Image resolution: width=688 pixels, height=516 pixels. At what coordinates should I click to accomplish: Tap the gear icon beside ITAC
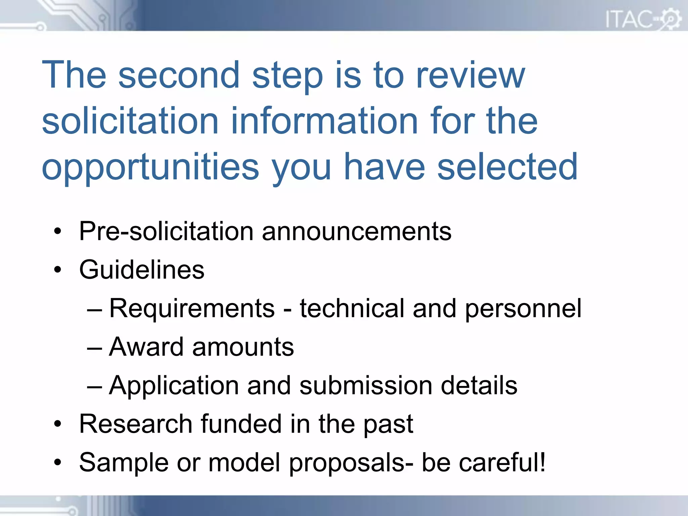tap(671, 18)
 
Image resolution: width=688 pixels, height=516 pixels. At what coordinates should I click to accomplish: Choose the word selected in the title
tap(507, 167)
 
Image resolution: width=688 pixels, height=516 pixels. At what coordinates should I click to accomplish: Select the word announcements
tap(357, 231)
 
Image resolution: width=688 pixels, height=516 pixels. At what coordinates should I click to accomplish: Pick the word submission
tap(365, 386)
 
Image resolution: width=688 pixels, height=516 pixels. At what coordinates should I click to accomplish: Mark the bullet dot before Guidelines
tap(58, 270)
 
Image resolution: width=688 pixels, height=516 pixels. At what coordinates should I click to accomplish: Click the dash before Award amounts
tap(94, 348)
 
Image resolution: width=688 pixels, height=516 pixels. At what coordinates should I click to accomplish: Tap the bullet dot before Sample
tap(58, 463)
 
